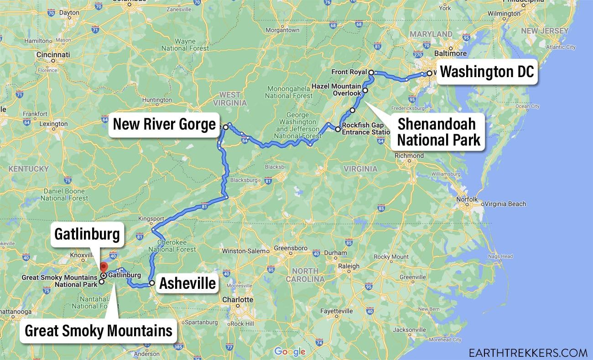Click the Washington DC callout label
point(487,72)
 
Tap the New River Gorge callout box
point(164,124)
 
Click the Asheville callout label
point(187,283)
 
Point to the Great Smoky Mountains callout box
point(98,331)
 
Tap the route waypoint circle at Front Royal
point(371,73)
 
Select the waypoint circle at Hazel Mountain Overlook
point(365,90)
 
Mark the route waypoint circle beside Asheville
point(152,283)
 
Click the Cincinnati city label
point(54,55)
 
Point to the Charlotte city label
point(237,300)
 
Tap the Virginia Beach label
point(505,204)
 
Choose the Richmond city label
point(410,156)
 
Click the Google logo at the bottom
point(290,351)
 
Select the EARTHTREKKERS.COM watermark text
point(528,352)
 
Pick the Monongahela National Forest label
point(289,92)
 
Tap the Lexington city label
point(53,124)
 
